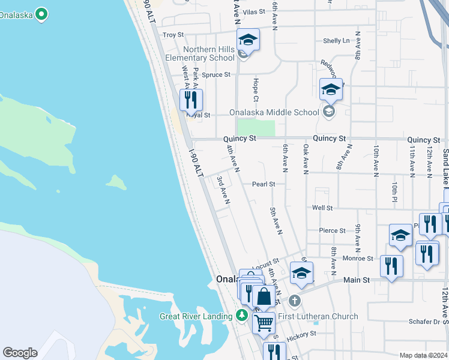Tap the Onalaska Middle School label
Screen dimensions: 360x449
click(275, 112)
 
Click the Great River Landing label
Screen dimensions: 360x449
click(196, 316)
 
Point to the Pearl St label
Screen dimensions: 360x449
click(264, 184)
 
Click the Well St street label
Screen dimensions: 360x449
click(322, 208)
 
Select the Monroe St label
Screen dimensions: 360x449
click(361, 259)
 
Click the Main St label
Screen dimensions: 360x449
click(356, 280)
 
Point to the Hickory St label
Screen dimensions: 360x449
click(301, 334)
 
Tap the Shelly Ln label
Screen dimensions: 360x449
click(336, 41)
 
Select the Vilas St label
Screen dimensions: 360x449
click(255, 12)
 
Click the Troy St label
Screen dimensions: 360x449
click(173, 35)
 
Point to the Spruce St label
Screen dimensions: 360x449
click(216, 75)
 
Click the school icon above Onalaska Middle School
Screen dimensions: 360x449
click(331, 90)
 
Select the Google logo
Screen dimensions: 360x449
click(20, 353)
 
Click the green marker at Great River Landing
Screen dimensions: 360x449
click(241, 315)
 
